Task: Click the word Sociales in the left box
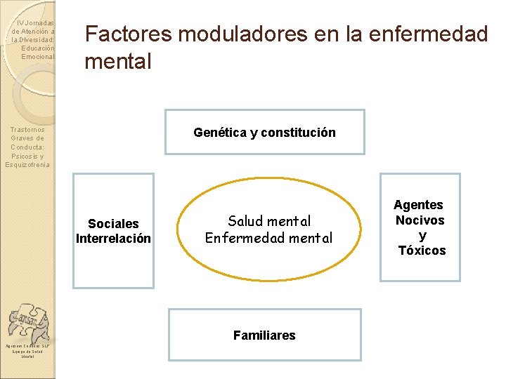113,224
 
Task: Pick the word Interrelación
113,239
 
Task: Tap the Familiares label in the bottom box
264,335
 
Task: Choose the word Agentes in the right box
418,205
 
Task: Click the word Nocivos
420,220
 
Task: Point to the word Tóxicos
422,251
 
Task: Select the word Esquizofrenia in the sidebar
27,165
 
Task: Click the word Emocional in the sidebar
38,56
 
